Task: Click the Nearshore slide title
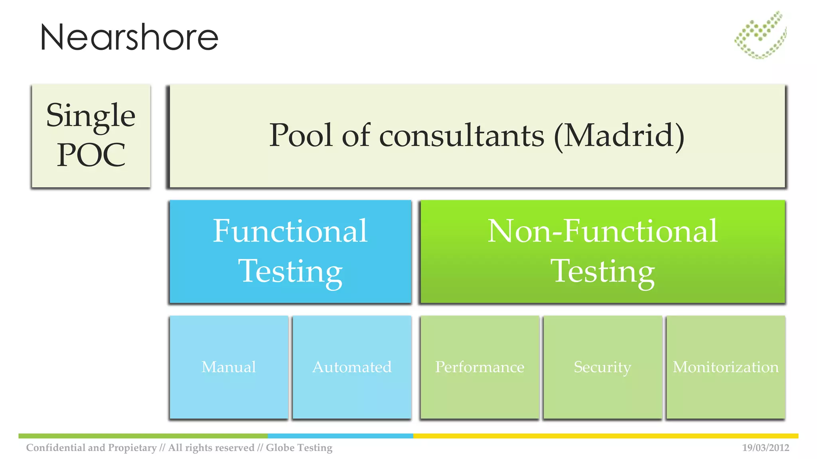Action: point(129,37)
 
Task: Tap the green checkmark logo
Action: point(760,35)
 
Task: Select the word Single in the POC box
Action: point(91,116)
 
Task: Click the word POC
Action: point(91,155)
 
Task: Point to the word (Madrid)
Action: point(619,136)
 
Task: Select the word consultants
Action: point(462,136)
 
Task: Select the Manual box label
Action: point(229,367)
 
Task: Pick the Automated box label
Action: point(352,367)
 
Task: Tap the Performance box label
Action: point(480,367)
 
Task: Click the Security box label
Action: point(602,367)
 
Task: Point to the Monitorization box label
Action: point(726,367)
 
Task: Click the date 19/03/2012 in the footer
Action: point(766,448)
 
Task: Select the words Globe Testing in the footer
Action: point(299,448)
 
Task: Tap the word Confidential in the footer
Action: point(55,448)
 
